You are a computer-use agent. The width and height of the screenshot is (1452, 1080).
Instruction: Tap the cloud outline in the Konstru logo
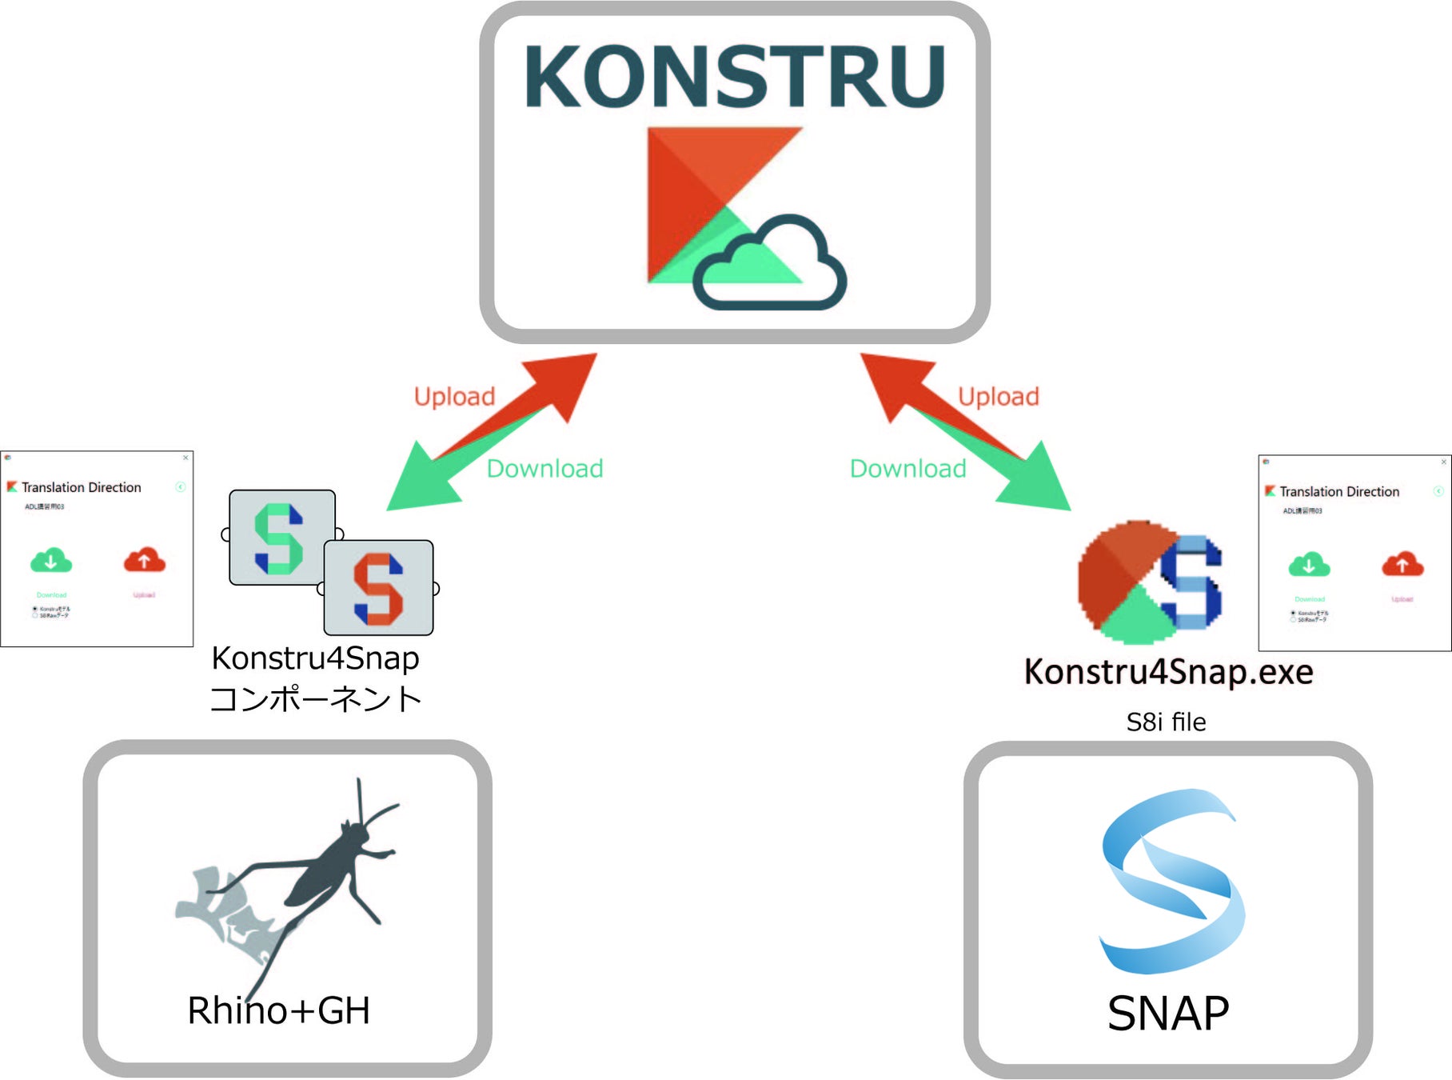pyautogui.click(x=769, y=264)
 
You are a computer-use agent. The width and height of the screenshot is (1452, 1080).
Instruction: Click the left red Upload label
pyautogui.click(x=454, y=396)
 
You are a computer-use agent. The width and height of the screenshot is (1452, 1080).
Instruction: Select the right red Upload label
pyautogui.click(x=998, y=396)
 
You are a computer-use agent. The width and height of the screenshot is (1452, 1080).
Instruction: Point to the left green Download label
pyautogui.click(x=544, y=468)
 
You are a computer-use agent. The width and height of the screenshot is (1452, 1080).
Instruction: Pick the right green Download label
pyautogui.click(x=907, y=468)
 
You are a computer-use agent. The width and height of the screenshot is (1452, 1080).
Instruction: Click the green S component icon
pyautogui.click(x=281, y=538)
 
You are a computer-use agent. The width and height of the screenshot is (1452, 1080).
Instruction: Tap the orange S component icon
pyautogui.click(x=378, y=588)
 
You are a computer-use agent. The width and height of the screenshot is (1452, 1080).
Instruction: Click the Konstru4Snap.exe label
pyautogui.click(x=1168, y=672)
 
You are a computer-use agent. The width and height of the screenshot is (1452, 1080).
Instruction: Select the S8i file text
pyautogui.click(x=1166, y=722)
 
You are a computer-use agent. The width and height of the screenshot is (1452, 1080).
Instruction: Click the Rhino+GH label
pyautogui.click(x=278, y=1010)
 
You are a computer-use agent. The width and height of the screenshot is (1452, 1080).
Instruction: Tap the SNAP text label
pyautogui.click(x=1167, y=1013)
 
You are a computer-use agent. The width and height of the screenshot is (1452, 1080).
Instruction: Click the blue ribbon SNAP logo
pyautogui.click(x=1171, y=880)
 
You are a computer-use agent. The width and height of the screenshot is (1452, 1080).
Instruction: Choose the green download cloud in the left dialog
pyautogui.click(x=51, y=561)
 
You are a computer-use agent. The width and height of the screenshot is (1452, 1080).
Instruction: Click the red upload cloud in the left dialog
pyautogui.click(x=144, y=561)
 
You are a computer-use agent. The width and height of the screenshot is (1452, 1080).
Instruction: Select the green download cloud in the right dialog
pyautogui.click(x=1309, y=565)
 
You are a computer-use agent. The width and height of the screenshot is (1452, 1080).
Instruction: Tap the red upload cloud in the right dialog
pyautogui.click(x=1402, y=565)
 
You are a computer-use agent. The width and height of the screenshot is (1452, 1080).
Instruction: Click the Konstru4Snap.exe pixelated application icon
pyautogui.click(x=1149, y=582)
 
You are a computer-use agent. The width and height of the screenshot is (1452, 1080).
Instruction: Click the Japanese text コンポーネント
pyautogui.click(x=315, y=698)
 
